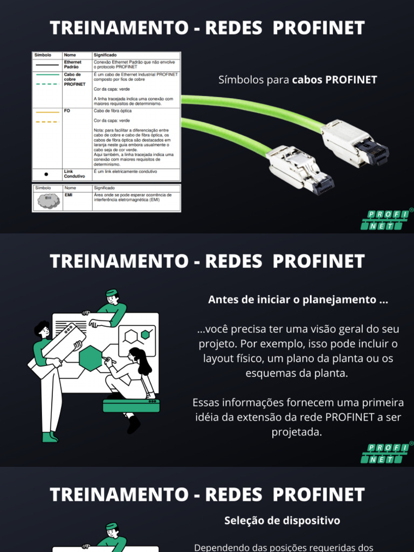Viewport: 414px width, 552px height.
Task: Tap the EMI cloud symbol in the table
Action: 48,201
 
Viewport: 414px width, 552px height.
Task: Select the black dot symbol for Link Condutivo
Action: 46,175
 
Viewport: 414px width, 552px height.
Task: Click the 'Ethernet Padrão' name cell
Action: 73,64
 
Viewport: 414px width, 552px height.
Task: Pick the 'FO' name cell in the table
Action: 67,111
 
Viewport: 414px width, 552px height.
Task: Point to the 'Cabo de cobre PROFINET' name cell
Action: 74,79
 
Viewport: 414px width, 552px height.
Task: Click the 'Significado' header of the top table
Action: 105,55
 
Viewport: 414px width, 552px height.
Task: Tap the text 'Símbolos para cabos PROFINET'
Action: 298,80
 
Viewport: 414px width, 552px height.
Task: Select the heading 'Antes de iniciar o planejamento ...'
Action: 298,300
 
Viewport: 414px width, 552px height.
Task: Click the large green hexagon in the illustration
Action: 91,357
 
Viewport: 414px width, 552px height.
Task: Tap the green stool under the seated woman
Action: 131,406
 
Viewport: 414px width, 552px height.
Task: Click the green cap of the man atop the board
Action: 111,293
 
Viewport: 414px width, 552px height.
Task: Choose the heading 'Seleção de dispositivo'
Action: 282,521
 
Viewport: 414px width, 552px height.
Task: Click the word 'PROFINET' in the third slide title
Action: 318,494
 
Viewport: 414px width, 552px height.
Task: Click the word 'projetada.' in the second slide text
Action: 298,432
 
